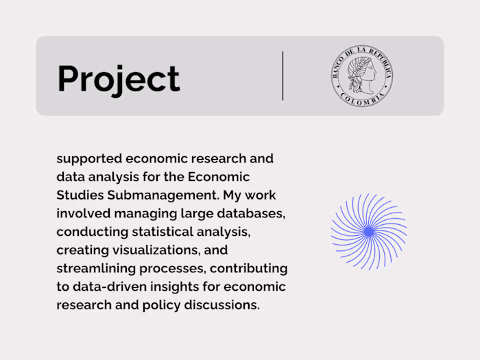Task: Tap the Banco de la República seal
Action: click(x=362, y=76)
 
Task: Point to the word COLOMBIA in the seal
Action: click(x=362, y=100)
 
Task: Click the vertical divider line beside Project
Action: click(x=283, y=75)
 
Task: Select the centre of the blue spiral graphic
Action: click(x=369, y=232)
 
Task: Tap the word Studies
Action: click(x=78, y=195)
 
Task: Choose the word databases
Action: click(x=251, y=214)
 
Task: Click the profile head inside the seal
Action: click(x=361, y=73)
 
